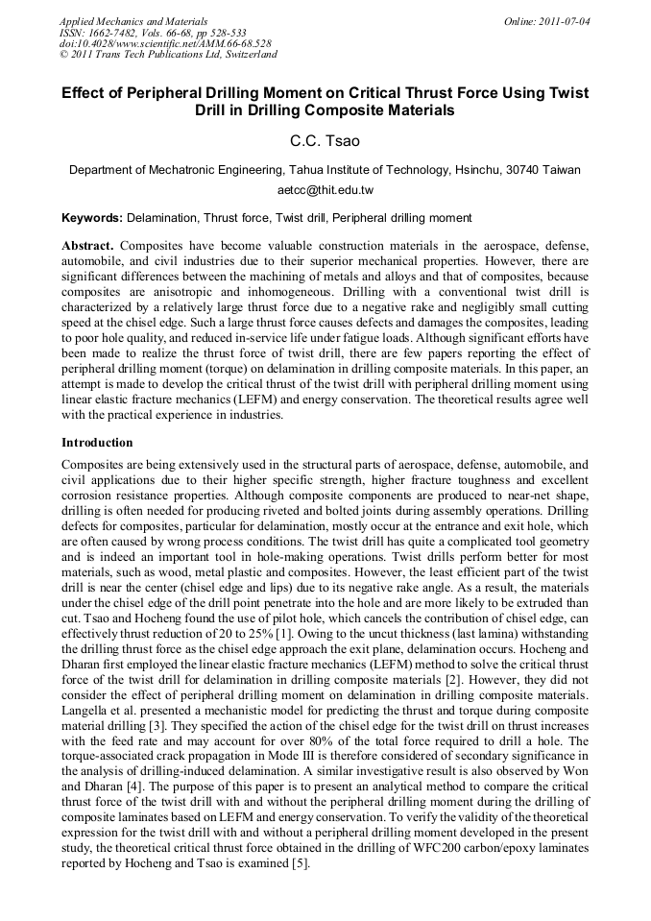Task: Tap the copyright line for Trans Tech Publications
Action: point(169,55)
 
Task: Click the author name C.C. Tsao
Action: point(325,141)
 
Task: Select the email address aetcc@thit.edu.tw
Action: point(325,190)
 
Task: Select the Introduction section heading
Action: point(97,443)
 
